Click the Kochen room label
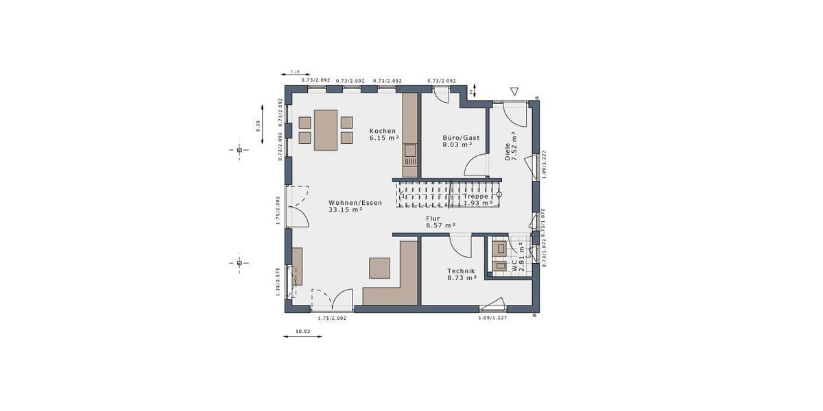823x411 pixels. point(382,131)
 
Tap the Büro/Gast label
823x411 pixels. point(461,138)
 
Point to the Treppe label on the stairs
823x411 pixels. point(476,196)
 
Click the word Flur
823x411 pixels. point(433,218)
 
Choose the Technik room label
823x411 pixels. point(461,271)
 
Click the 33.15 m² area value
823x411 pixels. point(345,210)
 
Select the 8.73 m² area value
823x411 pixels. point(462,277)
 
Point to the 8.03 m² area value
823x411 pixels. point(457,145)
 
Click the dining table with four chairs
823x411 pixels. point(326,129)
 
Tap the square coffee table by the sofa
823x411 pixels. point(379,268)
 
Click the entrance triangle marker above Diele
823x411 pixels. point(515,91)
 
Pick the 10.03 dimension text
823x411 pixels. point(302,332)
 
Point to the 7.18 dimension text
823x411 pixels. point(295,71)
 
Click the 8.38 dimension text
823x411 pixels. point(257,126)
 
